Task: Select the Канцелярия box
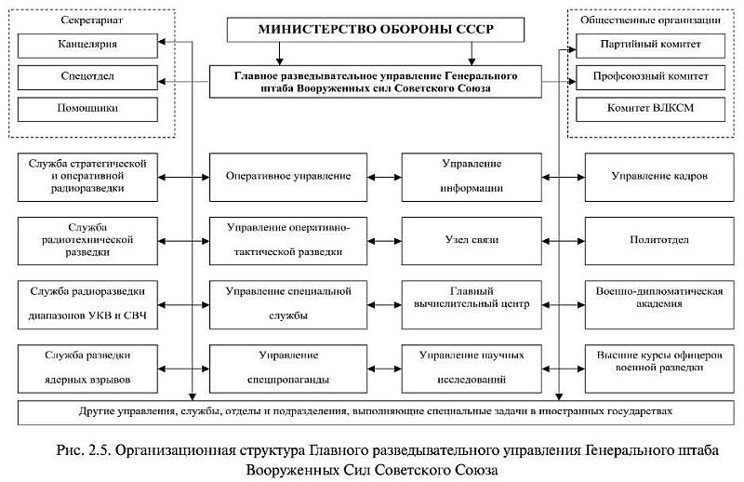[81, 44]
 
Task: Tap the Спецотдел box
[81, 76]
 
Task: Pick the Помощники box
[81, 109]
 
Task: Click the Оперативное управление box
[287, 176]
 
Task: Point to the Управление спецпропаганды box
[287, 368]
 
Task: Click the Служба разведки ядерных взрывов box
[88, 368]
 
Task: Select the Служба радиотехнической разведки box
[88, 240]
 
